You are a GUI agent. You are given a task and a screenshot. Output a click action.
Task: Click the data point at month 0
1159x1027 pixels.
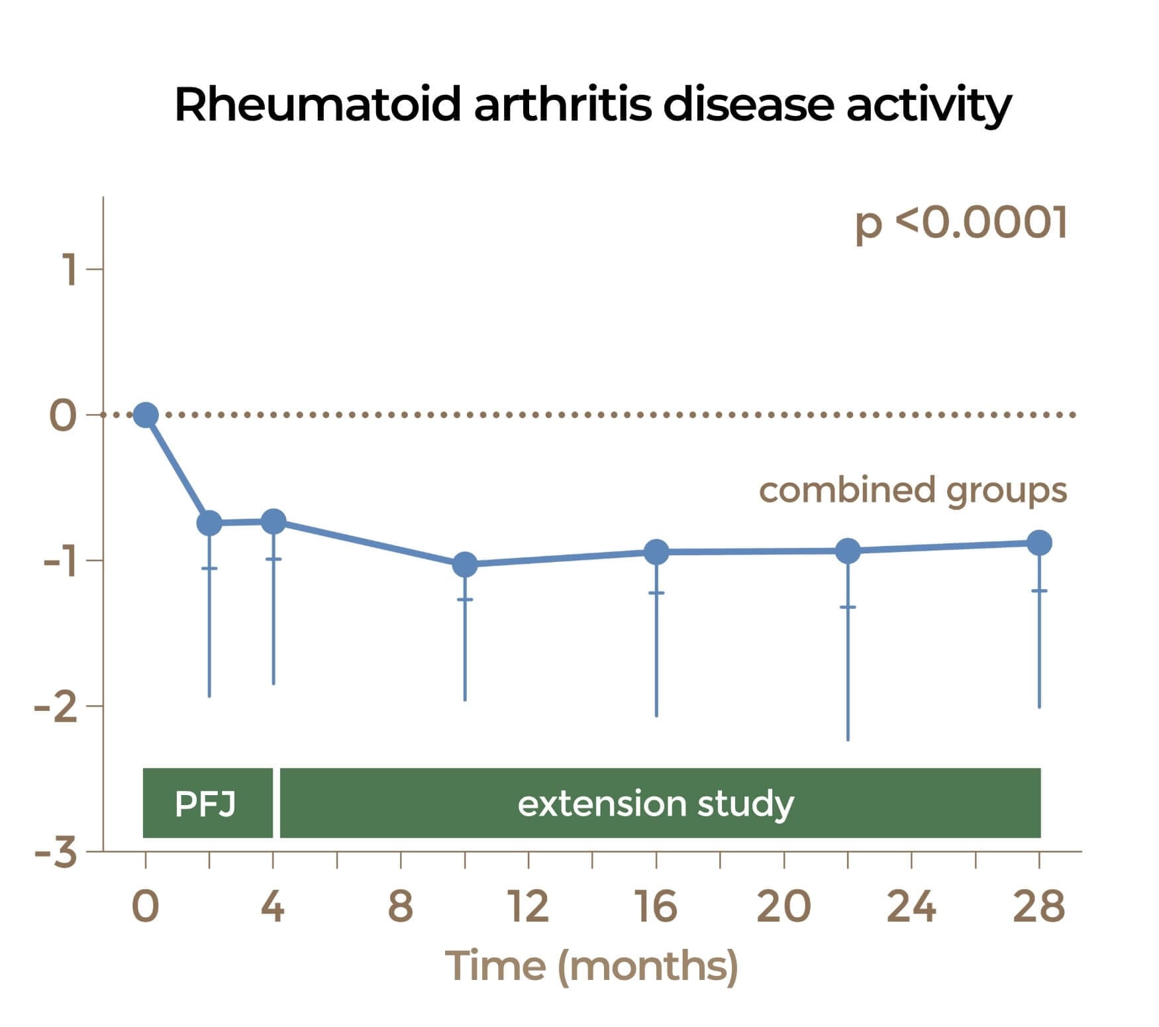(x=146, y=415)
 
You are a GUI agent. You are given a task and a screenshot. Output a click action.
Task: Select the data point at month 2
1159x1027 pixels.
(x=209, y=523)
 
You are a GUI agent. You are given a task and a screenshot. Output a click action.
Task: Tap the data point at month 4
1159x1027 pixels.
(x=274, y=521)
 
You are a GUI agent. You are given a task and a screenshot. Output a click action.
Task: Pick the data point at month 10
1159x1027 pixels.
(x=465, y=565)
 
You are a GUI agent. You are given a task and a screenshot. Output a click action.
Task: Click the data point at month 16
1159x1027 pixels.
(x=656, y=551)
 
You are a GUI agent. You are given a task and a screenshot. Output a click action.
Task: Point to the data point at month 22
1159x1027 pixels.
(x=848, y=551)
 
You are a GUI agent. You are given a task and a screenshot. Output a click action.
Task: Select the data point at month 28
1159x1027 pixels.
(x=1039, y=543)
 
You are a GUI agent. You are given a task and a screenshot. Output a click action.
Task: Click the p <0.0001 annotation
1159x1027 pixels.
(x=961, y=223)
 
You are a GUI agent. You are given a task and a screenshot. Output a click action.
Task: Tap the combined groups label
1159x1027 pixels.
(x=913, y=491)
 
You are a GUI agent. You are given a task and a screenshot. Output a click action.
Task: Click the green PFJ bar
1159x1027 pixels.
(x=207, y=803)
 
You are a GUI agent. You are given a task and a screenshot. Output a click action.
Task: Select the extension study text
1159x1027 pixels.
(x=655, y=804)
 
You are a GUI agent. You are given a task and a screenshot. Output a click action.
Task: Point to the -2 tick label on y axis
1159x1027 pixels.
(x=56, y=707)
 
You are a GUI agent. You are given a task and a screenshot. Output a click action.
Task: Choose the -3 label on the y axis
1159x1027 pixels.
(x=56, y=853)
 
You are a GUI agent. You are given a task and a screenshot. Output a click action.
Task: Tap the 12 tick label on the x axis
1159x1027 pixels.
(x=529, y=906)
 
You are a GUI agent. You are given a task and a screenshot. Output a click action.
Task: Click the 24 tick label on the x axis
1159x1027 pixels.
(x=911, y=906)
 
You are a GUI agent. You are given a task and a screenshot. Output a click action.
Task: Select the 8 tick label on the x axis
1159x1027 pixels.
(x=401, y=906)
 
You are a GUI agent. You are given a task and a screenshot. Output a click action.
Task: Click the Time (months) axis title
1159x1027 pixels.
(x=591, y=967)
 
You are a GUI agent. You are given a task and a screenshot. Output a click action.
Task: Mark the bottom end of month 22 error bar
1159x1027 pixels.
(x=848, y=739)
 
